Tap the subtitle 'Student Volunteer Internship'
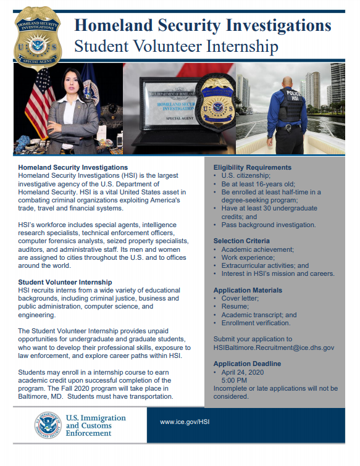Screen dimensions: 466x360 (175, 46)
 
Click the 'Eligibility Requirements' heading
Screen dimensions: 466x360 (252, 167)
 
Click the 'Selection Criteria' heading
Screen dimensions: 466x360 (241, 241)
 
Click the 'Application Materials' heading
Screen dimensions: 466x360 (248, 289)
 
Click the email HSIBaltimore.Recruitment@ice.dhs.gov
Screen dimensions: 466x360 (274, 347)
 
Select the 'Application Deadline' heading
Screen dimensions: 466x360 (246, 364)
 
